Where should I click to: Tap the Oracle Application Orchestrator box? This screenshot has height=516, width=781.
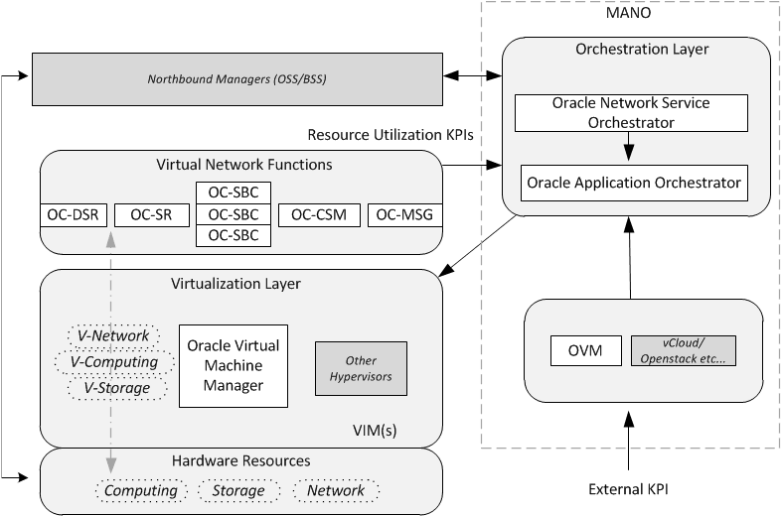(x=635, y=184)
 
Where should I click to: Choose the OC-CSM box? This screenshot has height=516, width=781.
(x=318, y=214)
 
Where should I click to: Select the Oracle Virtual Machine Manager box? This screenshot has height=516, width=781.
(x=234, y=365)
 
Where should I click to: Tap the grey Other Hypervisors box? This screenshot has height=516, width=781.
(x=361, y=368)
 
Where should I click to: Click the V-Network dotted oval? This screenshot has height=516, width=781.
(x=113, y=335)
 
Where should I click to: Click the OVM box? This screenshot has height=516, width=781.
(x=586, y=349)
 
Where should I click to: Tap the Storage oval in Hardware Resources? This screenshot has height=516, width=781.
(x=238, y=490)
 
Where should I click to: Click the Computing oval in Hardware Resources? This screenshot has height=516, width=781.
(x=141, y=490)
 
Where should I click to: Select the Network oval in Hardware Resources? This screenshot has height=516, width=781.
(x=336, y=490)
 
